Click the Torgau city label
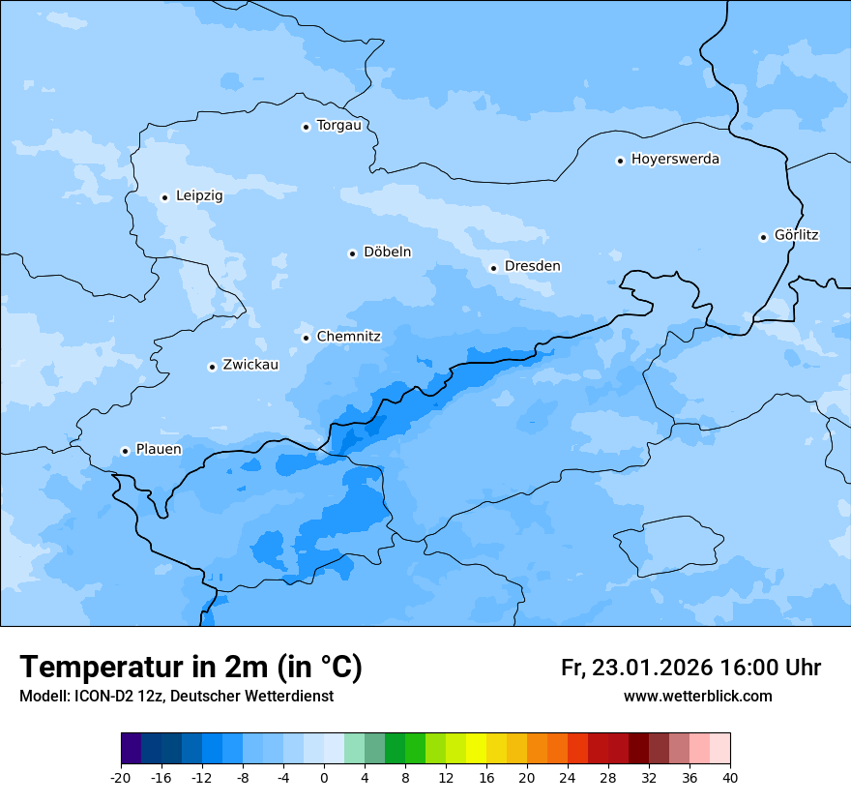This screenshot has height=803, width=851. pyautogui.click(x=338, y=126)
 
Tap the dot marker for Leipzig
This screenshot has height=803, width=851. pyautogui.click(x=164, y=197)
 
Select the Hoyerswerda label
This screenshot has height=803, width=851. pyautogui.click(x=675, y=160)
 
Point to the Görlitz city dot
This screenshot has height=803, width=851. pyautogui.click(x=763, y=237)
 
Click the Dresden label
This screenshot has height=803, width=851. pyautogui.click(x=532, y=266)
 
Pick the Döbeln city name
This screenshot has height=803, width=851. pyautogui.click(x=387, y=253)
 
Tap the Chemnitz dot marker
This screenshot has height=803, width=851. pyautogui.click(x=306, y=338)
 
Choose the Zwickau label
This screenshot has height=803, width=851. pyautogui.click(x=250, y=366)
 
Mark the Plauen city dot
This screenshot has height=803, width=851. pyautogui.click(x=125, y=451)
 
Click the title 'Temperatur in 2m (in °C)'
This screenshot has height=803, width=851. pyautogui.click(x=191, y=668)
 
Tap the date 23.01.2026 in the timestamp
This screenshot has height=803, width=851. pyautogui.click(x=649, y=669)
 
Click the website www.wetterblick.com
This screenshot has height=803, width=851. pyautogui.click(x=697, y=697)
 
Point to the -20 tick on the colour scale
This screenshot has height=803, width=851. pyautogui.click(x=120, y=778)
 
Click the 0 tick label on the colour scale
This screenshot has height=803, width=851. pyautogui.click(x=324, y=778)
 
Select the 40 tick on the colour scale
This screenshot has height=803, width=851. pyautogui.click(x=730, y=778)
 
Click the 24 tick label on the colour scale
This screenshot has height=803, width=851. pyautogui.click(x=568, y=778)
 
